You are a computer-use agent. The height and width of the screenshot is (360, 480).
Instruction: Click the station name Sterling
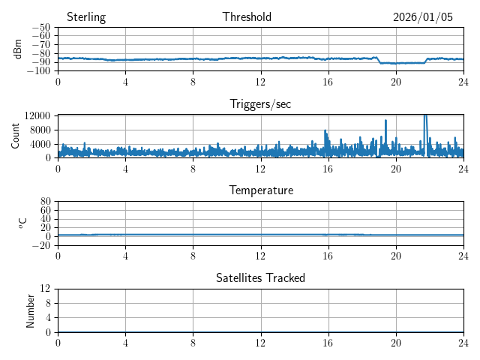pos(85,17)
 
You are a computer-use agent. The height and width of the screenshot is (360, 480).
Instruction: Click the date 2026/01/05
pos(423,17)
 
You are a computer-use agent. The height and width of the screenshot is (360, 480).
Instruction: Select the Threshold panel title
pos(247,17)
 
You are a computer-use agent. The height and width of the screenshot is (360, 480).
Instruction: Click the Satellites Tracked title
pos(260,277)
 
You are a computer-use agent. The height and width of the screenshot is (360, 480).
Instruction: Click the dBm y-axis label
pos(18,49)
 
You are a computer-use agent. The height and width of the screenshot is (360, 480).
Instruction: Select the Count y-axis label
pos(16,136)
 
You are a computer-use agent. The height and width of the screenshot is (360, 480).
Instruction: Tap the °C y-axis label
pos(22,223)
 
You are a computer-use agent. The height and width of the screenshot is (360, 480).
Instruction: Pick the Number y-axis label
pos(30,310)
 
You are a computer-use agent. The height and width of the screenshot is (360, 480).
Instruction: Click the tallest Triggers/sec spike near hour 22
pos(425,116)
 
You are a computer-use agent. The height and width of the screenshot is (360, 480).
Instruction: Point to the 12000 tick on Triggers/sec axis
pos(37,115)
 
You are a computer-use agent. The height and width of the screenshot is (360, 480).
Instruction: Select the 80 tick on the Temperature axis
pos(45,202)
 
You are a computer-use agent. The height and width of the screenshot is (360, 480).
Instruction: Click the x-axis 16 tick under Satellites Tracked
pos(328,342)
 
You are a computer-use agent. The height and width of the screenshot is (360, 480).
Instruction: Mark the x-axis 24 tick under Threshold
pos(463,81)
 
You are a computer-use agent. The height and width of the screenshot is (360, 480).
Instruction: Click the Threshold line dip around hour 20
pos(396,63)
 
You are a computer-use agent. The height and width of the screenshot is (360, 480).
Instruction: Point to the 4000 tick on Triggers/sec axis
pos(40,144)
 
